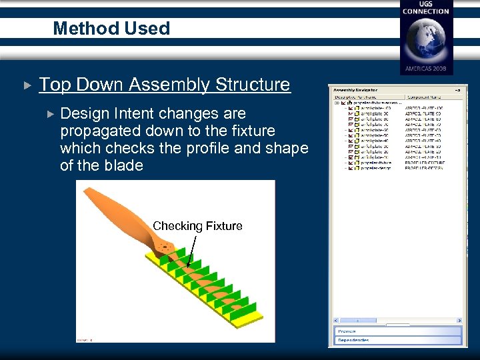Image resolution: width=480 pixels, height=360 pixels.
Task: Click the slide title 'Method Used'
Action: [x=111, y=29]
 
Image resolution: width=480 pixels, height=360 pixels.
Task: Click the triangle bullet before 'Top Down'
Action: [x=27, y=85]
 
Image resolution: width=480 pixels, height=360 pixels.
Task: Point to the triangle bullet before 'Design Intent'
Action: [x=51, y=114]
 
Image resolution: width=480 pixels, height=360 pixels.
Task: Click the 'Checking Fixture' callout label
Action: [x=197, y=226]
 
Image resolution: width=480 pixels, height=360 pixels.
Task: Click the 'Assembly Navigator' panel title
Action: [x=355, y=89]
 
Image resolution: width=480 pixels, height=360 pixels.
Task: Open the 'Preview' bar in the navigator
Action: [x=398, y=331]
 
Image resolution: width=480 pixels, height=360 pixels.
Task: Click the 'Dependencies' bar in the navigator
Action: [x=398, y=341]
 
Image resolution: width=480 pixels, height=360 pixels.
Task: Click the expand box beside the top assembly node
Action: [x=336, y=103]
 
